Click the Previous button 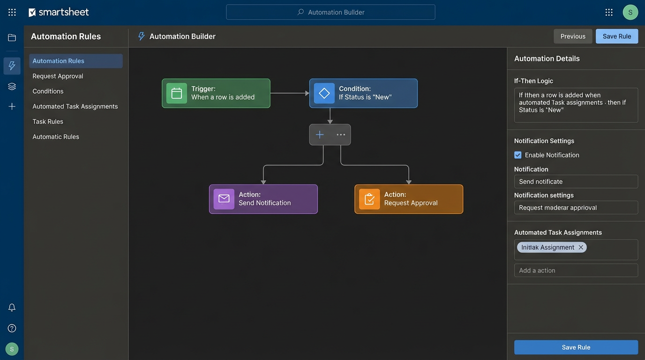(x=573, y=36)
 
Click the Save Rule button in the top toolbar (x=616, y=36)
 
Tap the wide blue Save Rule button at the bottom (x=576, y=347)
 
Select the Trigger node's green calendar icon (x=177, y=93)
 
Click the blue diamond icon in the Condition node (x=324, y=93)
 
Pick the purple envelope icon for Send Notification (x=224, y=199)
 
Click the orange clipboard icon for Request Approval (x=369, y=199)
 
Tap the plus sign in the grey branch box (x=320, y=135)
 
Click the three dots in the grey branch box (x=341, y=135)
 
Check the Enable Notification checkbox (x=518, y=155)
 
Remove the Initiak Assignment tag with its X (x=581, y=247)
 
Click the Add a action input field (x=576, y=270)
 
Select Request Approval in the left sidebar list (x=58, y=76)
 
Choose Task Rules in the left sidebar (x=48, y=121)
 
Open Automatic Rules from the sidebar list (x=56, y=137)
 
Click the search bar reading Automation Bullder (x=330, y=12)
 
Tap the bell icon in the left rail (x=12, y=307)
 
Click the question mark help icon (x=12, y=328)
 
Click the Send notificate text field (x=576, y=181)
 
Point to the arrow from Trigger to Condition (x=289, y=93)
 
